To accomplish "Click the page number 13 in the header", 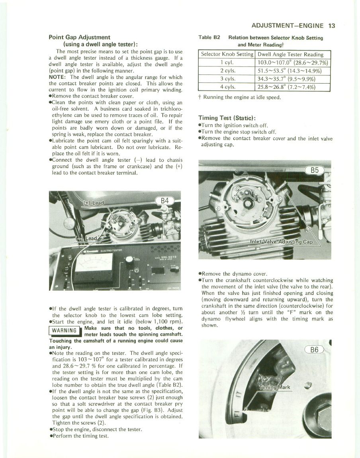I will point(332,26).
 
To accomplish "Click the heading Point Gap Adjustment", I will point(79,37).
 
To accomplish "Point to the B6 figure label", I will point(315,350).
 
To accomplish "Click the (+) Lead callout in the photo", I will point(93,203).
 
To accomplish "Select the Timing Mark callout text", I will point(275,387).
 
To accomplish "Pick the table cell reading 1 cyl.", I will point(226,63).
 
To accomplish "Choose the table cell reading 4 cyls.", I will point(226,87).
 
